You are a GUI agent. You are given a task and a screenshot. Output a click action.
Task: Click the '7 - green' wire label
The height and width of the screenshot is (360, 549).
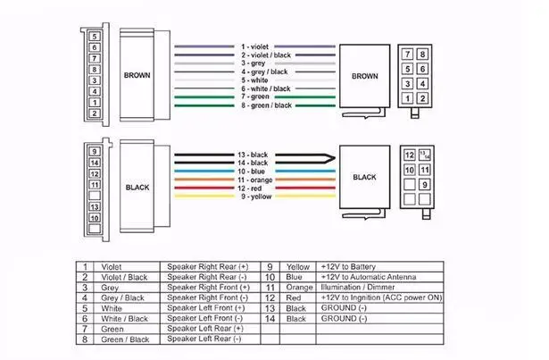tap(255, 96)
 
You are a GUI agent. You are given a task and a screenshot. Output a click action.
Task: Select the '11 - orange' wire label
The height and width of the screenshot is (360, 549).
tap(255, 180)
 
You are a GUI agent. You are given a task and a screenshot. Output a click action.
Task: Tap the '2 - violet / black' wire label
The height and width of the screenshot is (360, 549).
tap(266, 55)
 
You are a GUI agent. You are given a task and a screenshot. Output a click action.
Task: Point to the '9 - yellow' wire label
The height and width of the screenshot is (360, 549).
tap(256, 197)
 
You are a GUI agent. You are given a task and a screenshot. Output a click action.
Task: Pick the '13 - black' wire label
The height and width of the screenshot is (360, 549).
tap(253, 155)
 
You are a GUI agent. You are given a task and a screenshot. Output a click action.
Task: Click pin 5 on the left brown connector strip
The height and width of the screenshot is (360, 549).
tap(95, 37)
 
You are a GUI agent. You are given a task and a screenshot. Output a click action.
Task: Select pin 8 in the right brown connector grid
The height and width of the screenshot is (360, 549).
tap(422, 54)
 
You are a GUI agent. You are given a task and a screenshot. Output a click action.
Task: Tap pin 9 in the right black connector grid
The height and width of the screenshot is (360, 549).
tap(424, 184)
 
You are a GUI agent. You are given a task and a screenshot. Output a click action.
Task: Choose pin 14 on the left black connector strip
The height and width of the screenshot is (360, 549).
tap(95, 163)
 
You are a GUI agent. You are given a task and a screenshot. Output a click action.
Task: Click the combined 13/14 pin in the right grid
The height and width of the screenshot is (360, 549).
tap(424, 155)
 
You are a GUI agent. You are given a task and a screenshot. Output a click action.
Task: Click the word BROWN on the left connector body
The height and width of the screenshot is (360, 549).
tap(137, 75)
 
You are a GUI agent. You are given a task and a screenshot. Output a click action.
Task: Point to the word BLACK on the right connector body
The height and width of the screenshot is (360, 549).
tap(364, 177)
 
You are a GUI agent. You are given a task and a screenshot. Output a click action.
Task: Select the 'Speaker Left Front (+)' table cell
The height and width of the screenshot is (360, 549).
tap(206, 308)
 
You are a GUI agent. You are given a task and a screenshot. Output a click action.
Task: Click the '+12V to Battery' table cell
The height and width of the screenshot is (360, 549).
tap(348, 267)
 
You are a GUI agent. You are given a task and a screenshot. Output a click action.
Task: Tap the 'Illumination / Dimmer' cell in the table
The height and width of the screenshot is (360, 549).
tap(358, 287)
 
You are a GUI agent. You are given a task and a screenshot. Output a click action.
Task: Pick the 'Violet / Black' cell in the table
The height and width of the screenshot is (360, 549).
tap(124, 277)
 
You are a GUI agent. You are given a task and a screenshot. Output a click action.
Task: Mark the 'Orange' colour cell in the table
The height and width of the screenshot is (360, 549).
tap(299, 288)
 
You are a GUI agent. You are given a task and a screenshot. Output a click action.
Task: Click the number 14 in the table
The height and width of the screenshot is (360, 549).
tap(270, 319)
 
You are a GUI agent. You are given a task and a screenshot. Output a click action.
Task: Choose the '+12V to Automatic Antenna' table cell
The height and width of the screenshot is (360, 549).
tap(369, 277)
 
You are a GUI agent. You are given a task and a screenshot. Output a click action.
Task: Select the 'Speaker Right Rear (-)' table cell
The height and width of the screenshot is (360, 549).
tap(207, 277)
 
